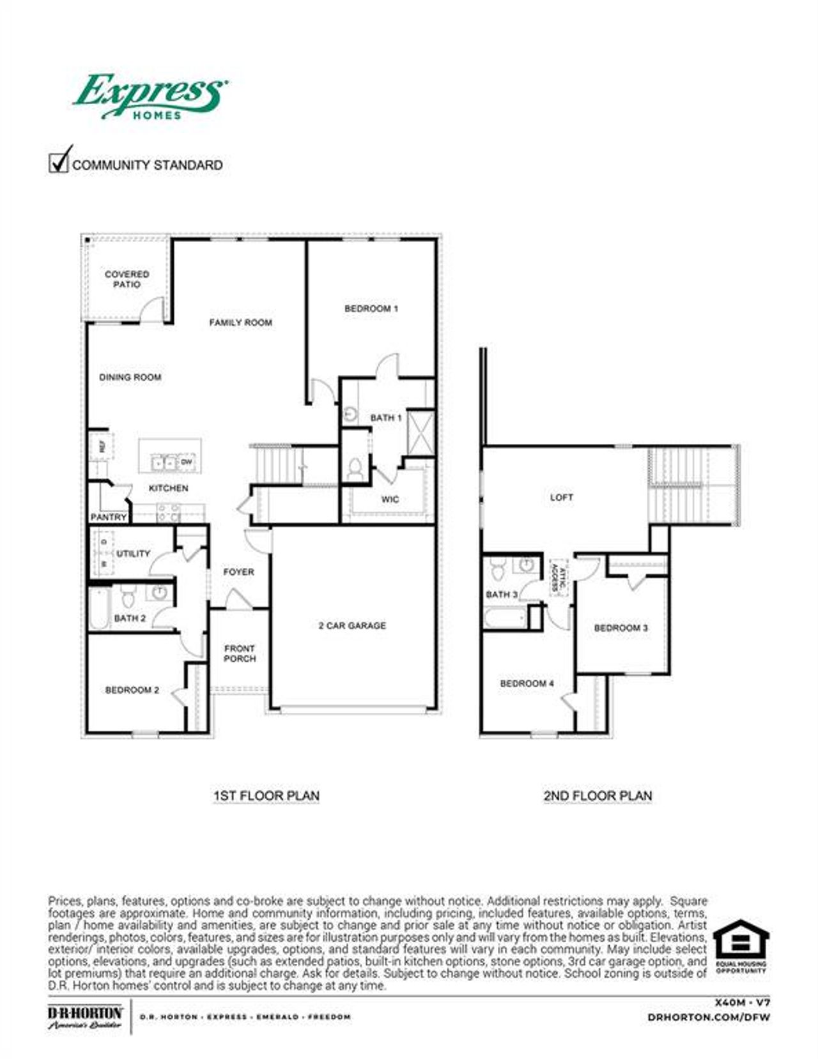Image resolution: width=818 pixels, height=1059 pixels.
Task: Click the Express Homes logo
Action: pos(150,96)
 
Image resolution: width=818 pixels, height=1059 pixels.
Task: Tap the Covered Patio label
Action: pos(127,279)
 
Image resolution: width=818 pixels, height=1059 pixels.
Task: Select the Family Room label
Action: pos(240,323)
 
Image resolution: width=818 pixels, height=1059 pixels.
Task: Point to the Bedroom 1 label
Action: pos(371,309)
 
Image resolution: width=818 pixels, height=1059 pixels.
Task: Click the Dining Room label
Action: pos(130,377)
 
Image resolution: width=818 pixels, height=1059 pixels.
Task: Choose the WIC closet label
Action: pos(390,499)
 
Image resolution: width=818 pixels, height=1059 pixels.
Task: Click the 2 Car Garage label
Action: pos(352,626)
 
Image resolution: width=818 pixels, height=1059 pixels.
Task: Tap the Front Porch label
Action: pos(240,653)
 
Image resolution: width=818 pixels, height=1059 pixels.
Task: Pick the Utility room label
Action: pos(133,554)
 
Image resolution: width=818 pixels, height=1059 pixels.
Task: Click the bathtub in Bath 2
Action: pos(99,609)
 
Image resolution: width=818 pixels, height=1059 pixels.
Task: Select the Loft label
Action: pos(562,497)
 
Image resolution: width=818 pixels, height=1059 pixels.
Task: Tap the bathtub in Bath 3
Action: pos(505,618)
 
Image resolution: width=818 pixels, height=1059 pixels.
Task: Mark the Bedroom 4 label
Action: pos(527,683)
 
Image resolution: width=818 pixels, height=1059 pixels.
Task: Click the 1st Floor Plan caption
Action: pos(266,796)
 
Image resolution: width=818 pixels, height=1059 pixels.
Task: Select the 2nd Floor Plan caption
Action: pos(598,796)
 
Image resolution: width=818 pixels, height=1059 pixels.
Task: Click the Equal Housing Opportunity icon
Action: pos(741,945)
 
